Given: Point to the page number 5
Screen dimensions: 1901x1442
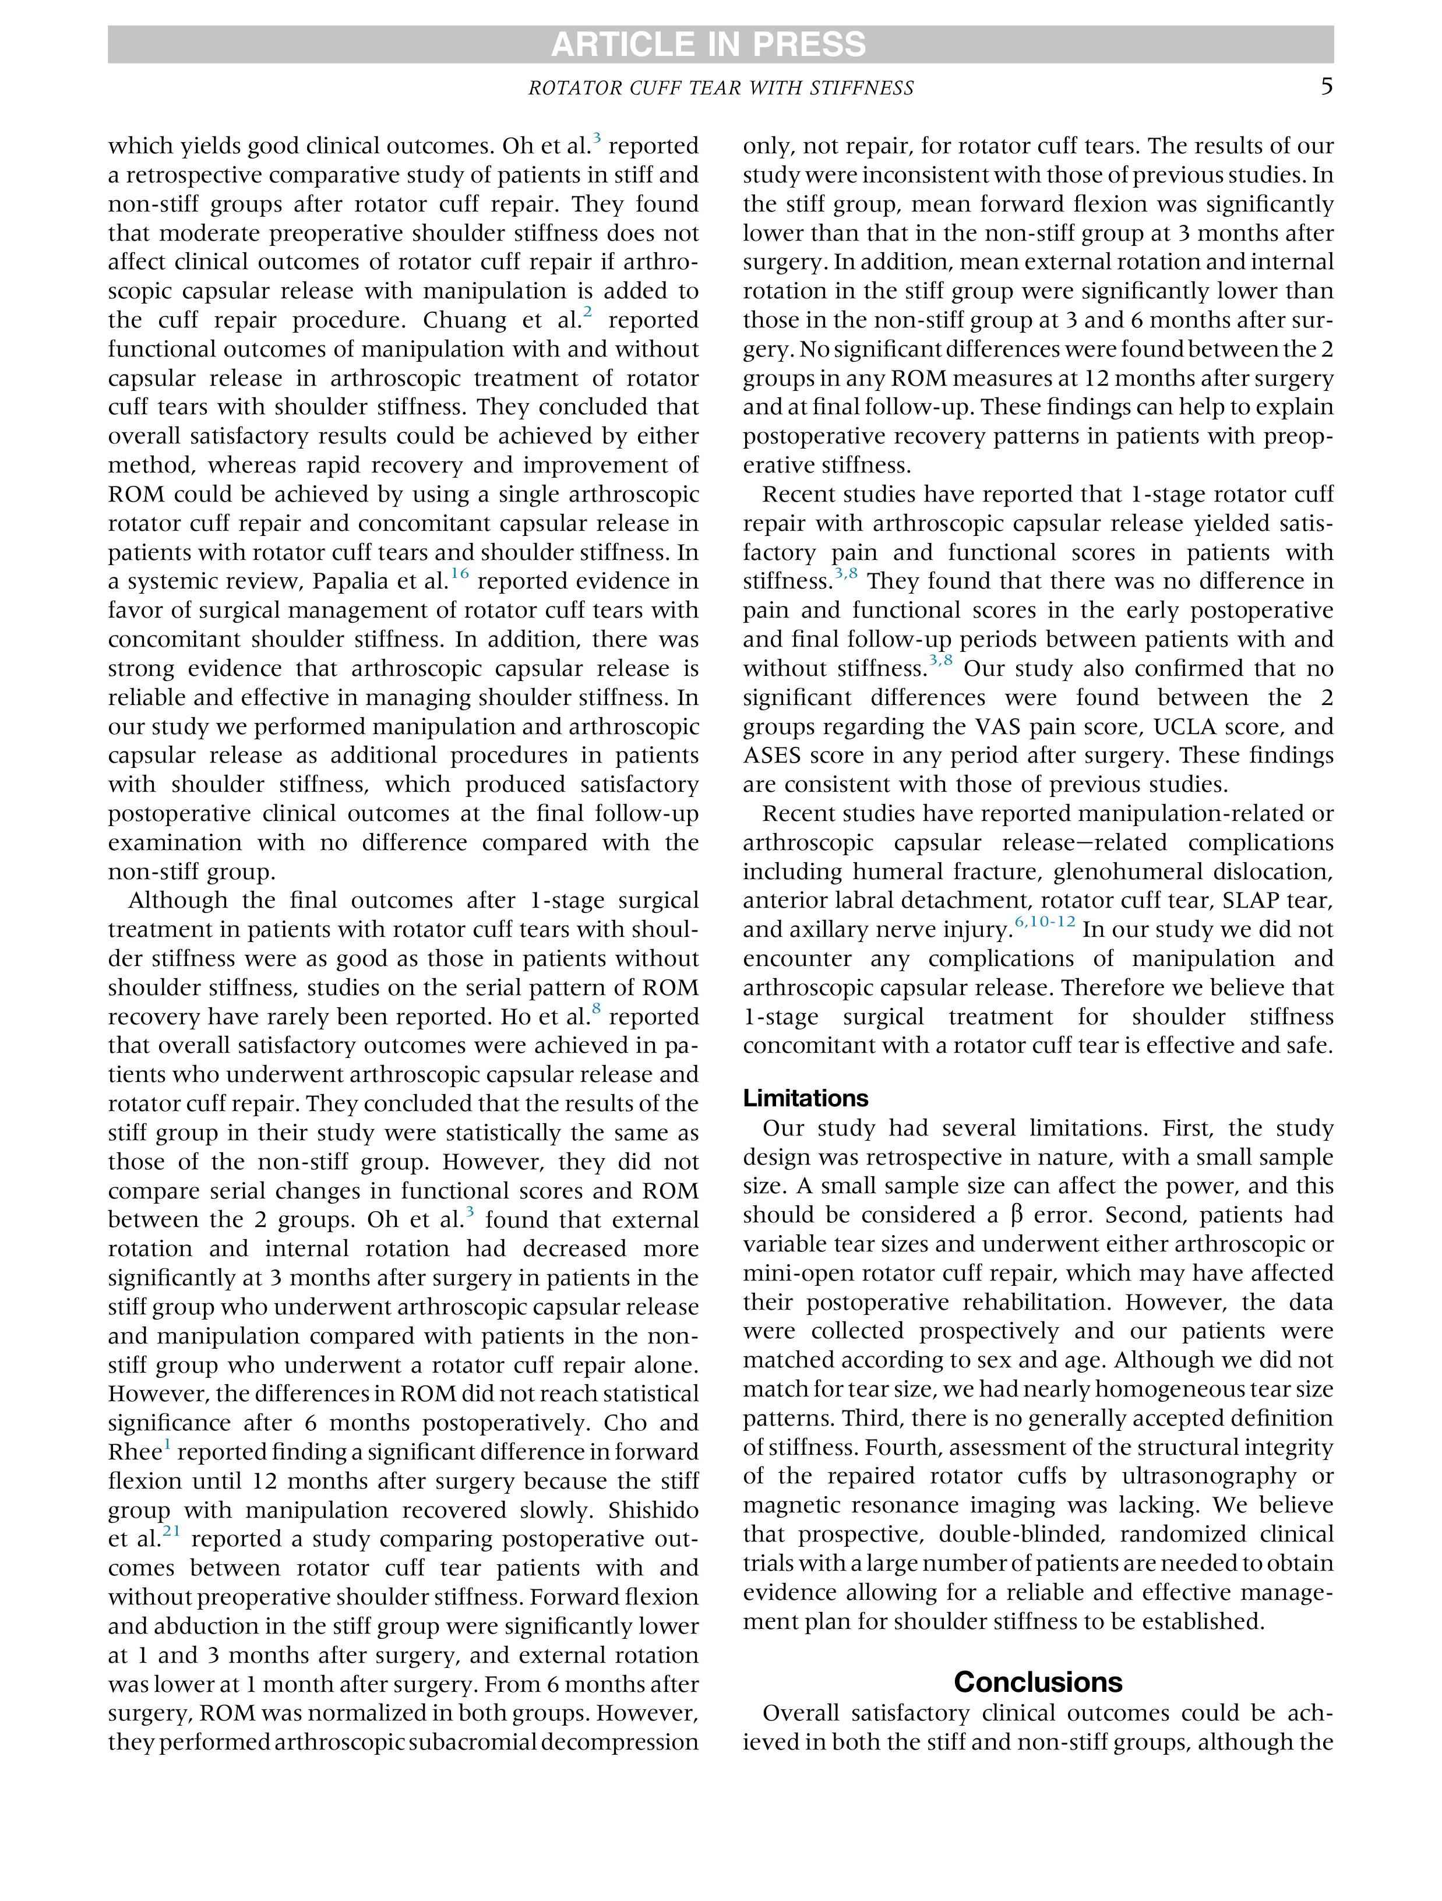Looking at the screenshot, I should coord(1327,87).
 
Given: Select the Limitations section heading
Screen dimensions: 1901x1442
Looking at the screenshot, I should coord(805,1098).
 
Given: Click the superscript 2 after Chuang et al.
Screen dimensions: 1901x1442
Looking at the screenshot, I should coord(588,312).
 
